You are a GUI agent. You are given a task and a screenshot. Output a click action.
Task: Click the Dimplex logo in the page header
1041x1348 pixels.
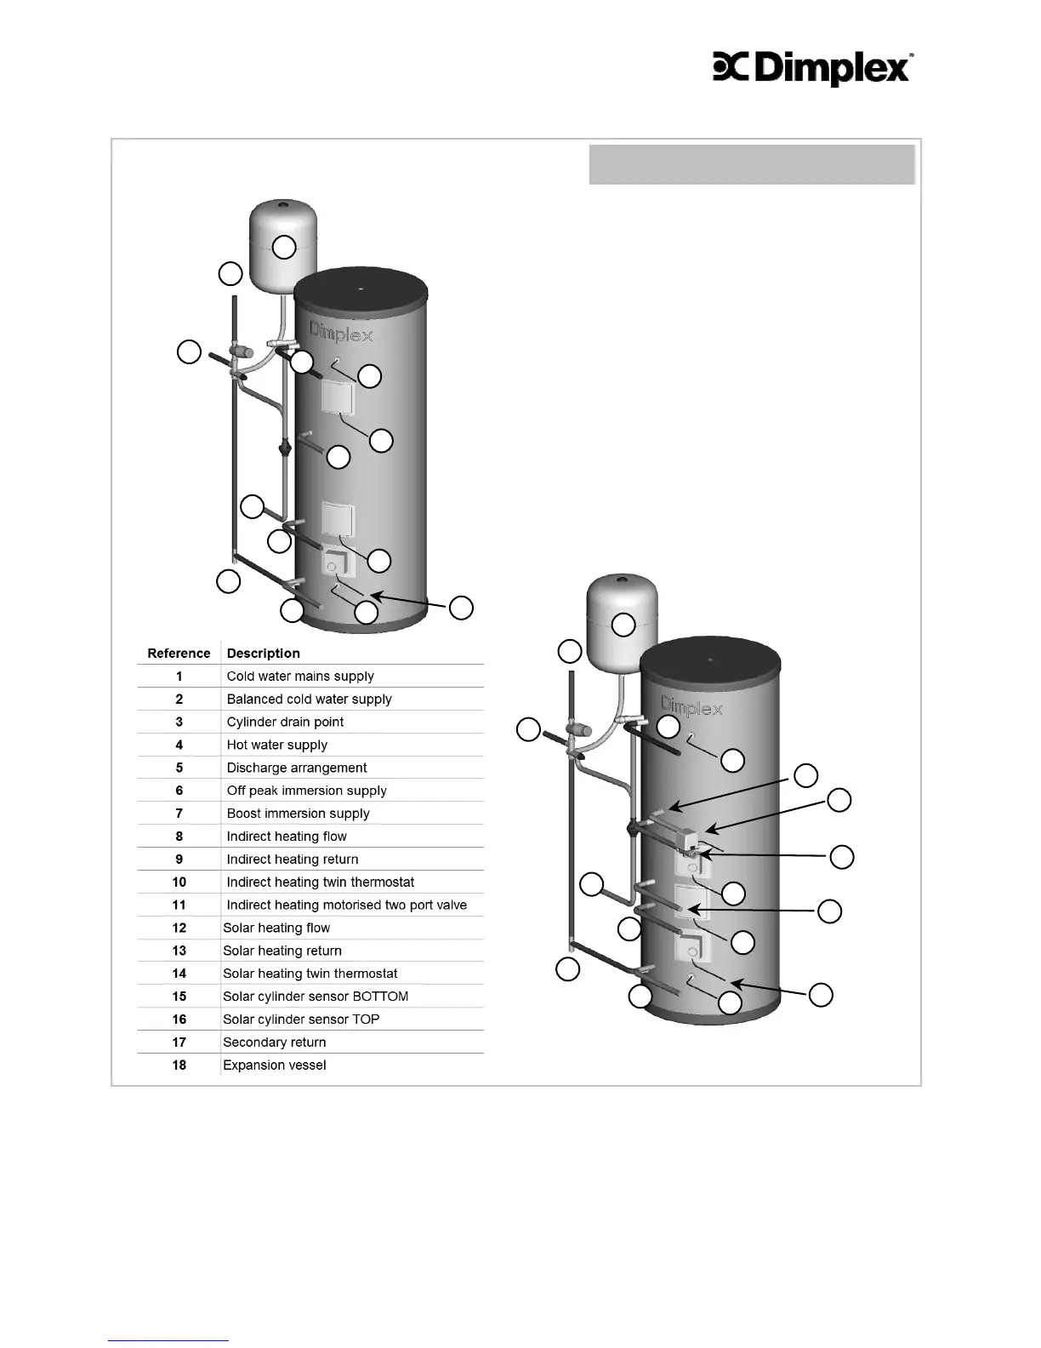click(x=812, y=69)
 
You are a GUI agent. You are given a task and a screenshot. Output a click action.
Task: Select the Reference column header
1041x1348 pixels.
click(x=179, y=654)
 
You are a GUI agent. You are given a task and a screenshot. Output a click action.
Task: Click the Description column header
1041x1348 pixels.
click(x=263, y=654)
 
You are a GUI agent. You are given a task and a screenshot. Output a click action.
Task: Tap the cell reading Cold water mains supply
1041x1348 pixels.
click(x=300, y=677)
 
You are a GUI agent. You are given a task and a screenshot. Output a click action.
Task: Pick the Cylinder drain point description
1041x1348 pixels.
click(x=285, y=723)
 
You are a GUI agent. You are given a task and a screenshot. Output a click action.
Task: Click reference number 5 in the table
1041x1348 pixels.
click(x=179, y=768)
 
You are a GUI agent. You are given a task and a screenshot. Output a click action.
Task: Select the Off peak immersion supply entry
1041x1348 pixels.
click(x=306, y=791)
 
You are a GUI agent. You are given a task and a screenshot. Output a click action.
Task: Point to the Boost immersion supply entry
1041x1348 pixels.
click(x=298, y=814)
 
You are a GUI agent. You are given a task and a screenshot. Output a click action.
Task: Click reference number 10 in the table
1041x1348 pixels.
click(x=179, y=882)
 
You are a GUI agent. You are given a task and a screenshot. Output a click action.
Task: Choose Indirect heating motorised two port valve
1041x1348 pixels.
click(x=346, y=905)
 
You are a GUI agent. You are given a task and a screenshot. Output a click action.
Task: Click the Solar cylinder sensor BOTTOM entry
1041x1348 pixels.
click(x=316, y=997)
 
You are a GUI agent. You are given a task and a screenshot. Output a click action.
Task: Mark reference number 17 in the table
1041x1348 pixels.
click(x=179, y=1042)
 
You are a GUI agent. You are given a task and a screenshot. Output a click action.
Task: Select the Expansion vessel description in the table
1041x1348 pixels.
click(x=275, y=1065)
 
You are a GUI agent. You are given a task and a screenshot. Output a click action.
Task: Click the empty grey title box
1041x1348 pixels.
click(x=752, y=164)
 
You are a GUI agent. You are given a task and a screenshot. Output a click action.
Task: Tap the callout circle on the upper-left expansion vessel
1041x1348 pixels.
click(x=284, y=248)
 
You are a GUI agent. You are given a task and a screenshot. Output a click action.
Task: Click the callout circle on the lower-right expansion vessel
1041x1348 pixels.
click(x=623, y=624)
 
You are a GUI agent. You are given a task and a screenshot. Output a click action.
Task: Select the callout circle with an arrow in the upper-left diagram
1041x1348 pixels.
click(x=461, y=608)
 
